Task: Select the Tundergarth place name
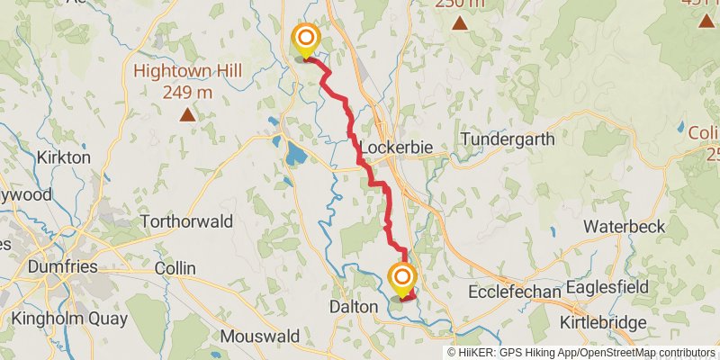tap(504, 139)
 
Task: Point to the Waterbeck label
tap(624, 227)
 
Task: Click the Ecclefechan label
tap(515, 292)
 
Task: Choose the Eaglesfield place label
tap(613, 292)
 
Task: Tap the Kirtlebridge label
tap(604, 322)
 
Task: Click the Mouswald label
tap(260, 337)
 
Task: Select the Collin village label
tap(175, 268)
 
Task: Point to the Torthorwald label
tap(186, 220)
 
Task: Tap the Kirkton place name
tap(63, 157)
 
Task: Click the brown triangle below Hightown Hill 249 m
tap(187, 114)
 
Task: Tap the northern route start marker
tap(306, 39)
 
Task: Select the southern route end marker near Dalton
tap(402, 277)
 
